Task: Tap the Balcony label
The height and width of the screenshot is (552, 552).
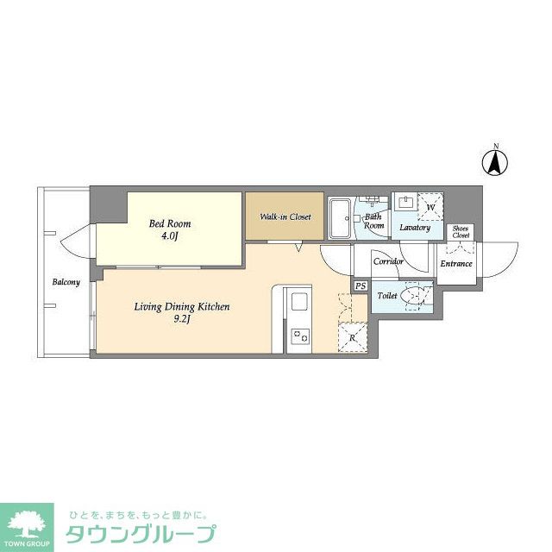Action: pyautogui.click(x=66, y=282)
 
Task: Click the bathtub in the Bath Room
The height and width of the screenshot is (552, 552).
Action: pyautogui.click(x=339, y=220)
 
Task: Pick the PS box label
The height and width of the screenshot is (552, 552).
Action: pyautogui.click(x=360, y=286)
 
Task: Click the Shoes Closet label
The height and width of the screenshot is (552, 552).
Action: pyautogui.click(x=461, y=232)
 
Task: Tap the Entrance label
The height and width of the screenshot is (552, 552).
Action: pyautogui.click(x=456, y=263)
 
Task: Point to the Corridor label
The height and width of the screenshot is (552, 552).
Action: pyautogui.click(x=389, y=260)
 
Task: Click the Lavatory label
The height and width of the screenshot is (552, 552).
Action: pyautogui.click(x=414, y=228)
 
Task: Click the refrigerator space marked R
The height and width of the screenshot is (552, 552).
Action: pyautogui.click(x=353, y=337)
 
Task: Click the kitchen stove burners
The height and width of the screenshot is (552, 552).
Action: pyautogui.click(x=298, y=336)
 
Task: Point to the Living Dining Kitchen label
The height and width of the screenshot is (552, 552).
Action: pyautogui.click(x=181, y=306)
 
